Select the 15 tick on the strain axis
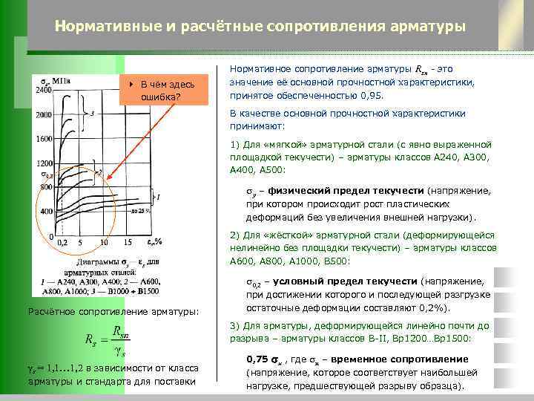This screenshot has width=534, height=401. [128, 243]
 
